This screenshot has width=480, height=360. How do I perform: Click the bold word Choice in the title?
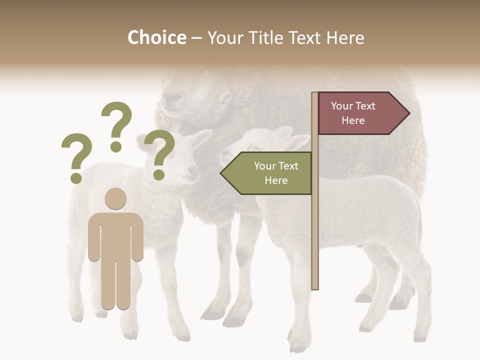click(156, 37)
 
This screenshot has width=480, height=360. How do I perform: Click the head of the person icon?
click(115, 198)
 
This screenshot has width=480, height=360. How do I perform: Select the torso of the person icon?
click(115, 235)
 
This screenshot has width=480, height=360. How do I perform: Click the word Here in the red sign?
click(353, 120)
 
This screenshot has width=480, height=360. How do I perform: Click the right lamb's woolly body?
click(370, 210)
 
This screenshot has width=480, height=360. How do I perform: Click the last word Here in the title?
click(344, 37)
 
